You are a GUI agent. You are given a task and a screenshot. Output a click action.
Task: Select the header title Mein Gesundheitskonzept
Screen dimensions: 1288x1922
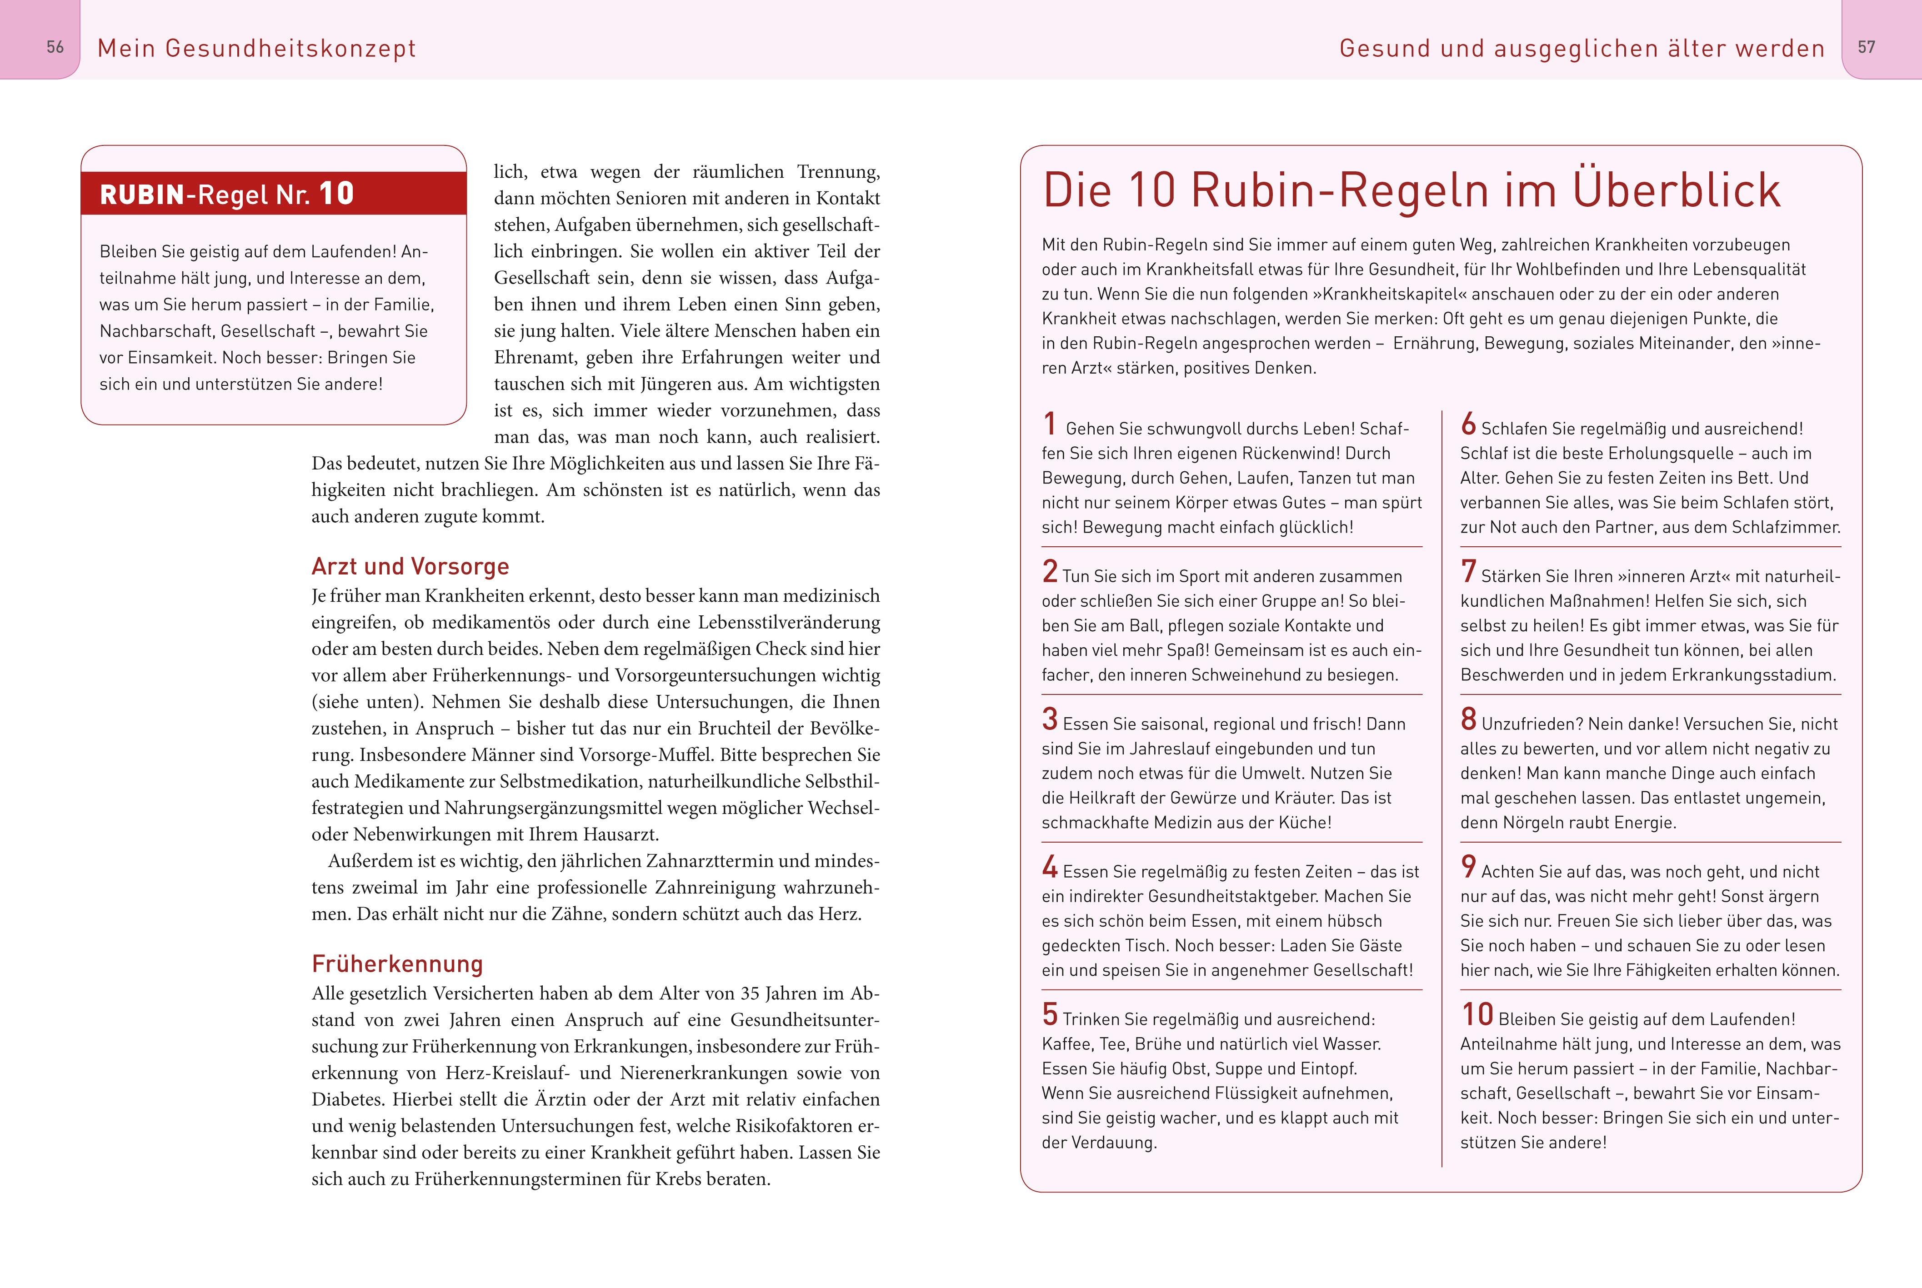coord(256,49)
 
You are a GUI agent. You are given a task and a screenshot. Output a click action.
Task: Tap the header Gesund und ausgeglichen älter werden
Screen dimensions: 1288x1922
coord(1581,49)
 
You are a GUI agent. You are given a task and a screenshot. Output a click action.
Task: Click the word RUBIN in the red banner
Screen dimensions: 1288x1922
coord(141,195)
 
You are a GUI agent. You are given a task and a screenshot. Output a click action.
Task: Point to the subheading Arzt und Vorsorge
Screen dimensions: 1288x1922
coord(410,567)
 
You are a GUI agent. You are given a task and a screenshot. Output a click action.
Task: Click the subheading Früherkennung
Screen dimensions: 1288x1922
coord(397,964)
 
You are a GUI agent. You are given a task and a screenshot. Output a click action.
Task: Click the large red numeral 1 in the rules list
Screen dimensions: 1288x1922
coord(1050,424)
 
